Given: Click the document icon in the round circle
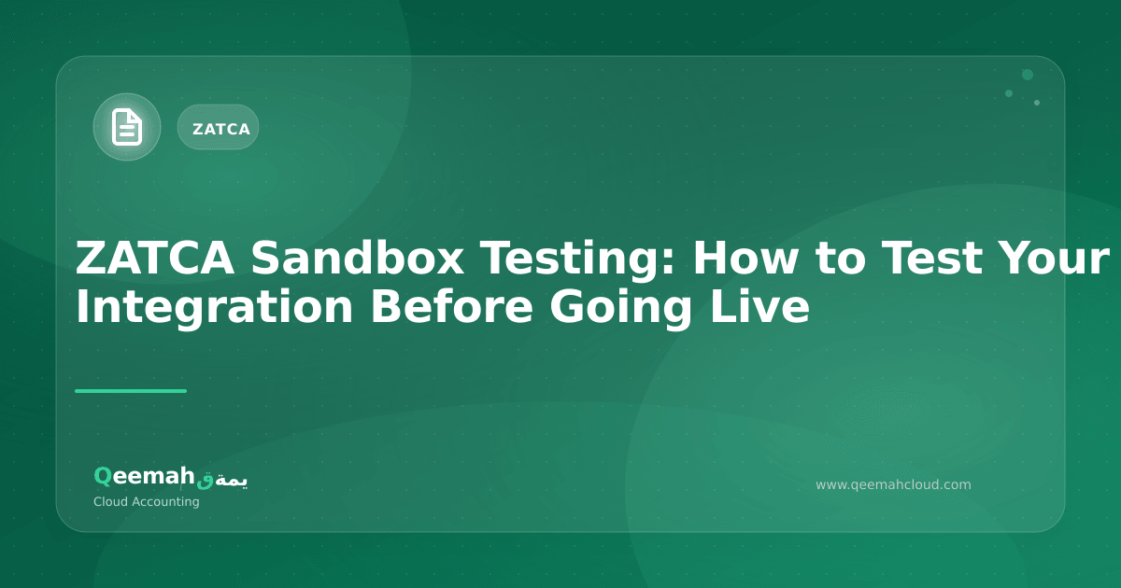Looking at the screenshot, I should pyautogui.click(x=127, y=127).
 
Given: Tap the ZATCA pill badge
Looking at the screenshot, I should pyautogui.click(x=219, y=128).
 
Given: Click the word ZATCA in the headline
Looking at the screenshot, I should pyautogui.click(x=153, y=259).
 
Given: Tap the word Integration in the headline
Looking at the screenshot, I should pyautogui.click(x=214, y=307).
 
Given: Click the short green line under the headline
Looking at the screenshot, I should pyautogui.click(x=131, y=391).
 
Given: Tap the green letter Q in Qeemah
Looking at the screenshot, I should pyautogui.click(x=102, y=476).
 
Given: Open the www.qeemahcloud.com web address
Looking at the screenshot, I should pyautogui.click(x=893, y=484).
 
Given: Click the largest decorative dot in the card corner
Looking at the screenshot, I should pyautogui.click(x=1028, y=75).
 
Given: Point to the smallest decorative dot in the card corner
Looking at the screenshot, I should pyautogui.click(x=1037, y=103).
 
